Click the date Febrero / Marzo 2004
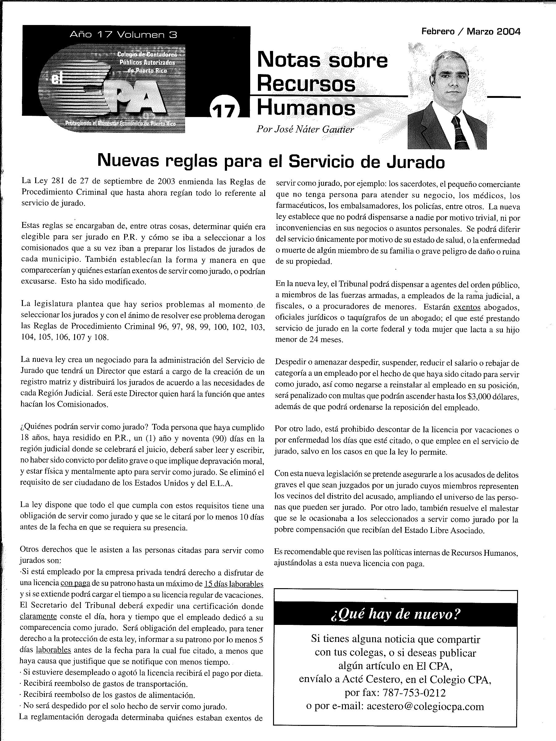click(470, 32)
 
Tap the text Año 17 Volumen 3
click(123, 35)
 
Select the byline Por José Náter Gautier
click(305, 129)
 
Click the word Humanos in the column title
click(306, 108)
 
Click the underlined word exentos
click(467, 307)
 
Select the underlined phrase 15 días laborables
click(234, 584)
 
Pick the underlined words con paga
click(75, 584)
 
